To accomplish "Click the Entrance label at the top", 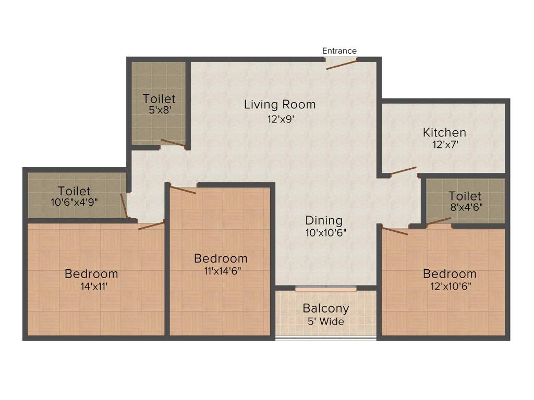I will coord(339,51).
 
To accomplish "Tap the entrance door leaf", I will coord(342,64).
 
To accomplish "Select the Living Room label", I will coord(280,105).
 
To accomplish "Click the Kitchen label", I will coord(444,132).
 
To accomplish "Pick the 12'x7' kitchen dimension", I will coord(444,146).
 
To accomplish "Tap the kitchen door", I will coord(403,170).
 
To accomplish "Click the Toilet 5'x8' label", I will coord(159,98).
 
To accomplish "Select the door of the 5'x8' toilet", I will coord(173,143).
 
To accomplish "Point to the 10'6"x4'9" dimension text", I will coord(75,202).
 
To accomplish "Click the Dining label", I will coord(324,220).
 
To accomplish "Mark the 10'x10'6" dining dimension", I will coord(326,233).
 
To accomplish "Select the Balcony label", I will coord(326,308).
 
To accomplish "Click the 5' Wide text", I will coord(326,321).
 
